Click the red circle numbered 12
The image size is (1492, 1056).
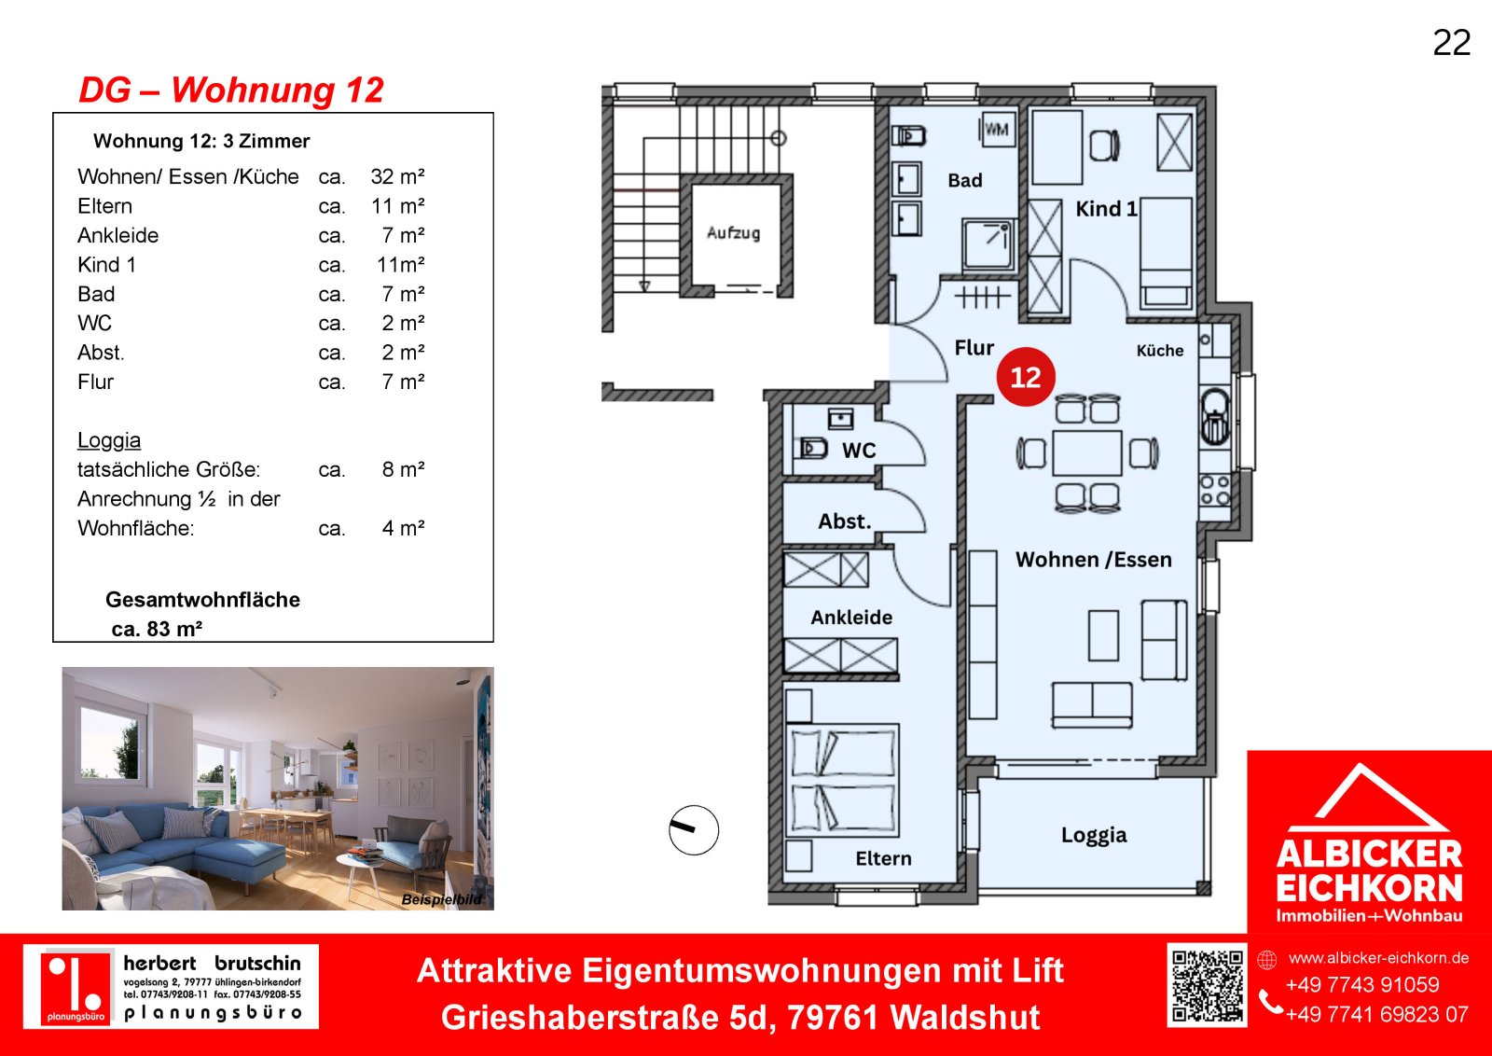tap(1026, 377)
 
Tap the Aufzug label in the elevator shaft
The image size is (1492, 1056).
tap(733, 232)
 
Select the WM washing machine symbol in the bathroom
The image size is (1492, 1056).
tap(997, 130)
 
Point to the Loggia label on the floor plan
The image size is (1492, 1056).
tap(1094, 835)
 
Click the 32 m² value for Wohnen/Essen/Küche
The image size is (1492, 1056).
tap(397, 176)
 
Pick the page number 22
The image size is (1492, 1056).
tap(1452, 43)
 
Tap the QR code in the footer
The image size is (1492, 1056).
tap(1207, 985)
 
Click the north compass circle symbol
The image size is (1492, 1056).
tap(694, 830)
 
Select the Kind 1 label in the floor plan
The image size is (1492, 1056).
tap(1106, 209)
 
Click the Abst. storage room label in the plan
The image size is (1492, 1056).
tap(845, 521)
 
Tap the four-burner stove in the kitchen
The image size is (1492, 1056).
tap(1215, 491)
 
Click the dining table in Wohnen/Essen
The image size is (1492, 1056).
tap(1087, 452)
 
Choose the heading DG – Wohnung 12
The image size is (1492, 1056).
tap(231, 90)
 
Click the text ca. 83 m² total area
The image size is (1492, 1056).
tap(157, 629)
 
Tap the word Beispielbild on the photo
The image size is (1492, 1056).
tap(442, 899)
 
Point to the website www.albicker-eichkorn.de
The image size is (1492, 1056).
tap(1378, 958)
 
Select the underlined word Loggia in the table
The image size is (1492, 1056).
tap(109, 440)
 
